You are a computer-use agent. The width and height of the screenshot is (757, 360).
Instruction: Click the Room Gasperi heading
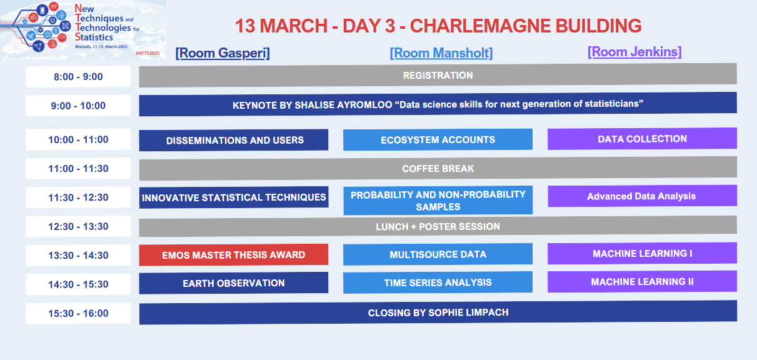point(223,53)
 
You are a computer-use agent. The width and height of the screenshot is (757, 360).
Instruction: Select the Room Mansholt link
point(441,53)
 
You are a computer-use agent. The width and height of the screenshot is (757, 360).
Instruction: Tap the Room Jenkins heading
point(634,52)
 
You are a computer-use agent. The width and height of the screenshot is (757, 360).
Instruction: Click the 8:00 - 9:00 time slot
point(78,77)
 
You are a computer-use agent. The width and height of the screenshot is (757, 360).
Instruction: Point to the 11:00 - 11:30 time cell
point(78,168)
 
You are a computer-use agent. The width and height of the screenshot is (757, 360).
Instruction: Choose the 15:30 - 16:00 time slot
point(78,313)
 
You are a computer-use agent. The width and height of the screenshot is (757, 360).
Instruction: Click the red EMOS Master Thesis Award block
point(234,255)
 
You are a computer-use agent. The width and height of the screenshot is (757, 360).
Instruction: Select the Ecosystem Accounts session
point(438,139)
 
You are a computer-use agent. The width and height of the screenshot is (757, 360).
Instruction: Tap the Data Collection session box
point(642,139)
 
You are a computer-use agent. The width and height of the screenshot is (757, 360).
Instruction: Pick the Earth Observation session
point(234,283)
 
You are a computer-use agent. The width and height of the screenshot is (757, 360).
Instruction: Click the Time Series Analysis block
point(438,282)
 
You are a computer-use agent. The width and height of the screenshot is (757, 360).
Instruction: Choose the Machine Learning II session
point(642,282)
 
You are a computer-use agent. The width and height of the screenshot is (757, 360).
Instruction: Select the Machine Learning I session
point(642,254)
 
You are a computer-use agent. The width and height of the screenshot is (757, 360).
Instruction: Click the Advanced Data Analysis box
point(642,196)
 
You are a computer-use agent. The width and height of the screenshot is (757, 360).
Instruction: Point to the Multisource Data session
point(438,254)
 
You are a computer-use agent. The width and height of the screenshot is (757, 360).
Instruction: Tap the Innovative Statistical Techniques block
point(234,197)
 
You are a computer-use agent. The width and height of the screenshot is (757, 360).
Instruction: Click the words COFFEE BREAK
point(438,168)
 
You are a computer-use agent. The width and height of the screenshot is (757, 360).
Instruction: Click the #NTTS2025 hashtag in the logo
point(148,53)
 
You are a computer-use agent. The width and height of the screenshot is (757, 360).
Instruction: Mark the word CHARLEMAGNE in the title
point(480,26)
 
